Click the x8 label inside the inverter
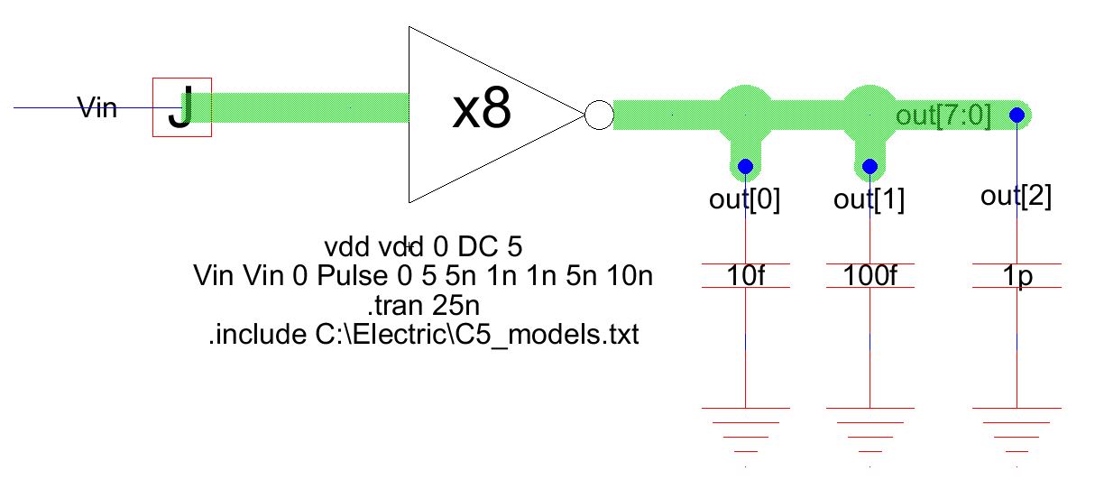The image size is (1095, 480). coord(482,110)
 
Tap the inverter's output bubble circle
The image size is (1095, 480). coord(599,115)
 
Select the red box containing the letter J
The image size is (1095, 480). coord(181,106)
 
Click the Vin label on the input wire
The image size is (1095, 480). coord(98,109)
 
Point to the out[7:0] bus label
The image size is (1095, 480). coord(943,116)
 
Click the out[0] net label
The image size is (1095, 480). coord(745,199)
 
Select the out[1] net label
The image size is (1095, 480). coord(870,199)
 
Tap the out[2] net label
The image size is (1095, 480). coord(1017,197)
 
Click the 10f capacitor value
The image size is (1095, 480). coord(745,274)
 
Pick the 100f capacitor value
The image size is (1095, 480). coord(870,274)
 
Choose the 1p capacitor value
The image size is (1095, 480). coord(1017,274)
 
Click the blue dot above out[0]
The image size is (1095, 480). coord(746,166)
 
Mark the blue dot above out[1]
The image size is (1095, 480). coord(870,166)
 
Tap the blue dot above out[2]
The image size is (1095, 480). coord(1017,115)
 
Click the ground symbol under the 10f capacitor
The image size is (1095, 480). coord(745,429)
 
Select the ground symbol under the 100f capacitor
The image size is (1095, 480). coord(870,429)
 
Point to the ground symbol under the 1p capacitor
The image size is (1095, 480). coord(1017,429)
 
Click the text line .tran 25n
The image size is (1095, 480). coord(422,305)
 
